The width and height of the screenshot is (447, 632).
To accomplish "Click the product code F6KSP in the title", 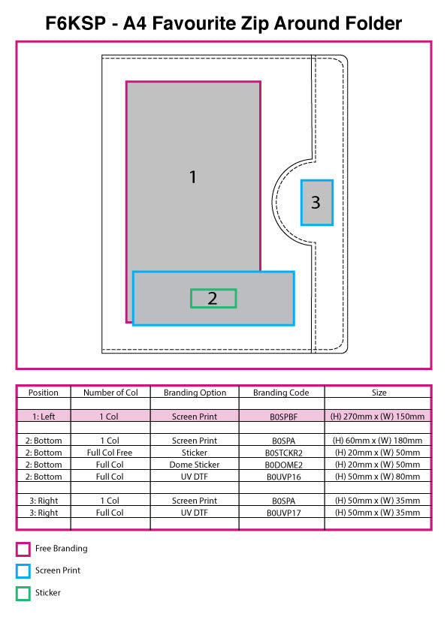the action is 75,23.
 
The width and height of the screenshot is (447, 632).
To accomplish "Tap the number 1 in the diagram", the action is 193,177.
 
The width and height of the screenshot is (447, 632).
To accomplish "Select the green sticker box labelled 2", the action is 213,299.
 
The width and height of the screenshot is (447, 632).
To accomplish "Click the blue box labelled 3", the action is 317,203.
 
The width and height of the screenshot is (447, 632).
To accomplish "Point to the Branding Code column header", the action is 281,393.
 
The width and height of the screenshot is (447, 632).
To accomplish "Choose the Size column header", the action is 379,393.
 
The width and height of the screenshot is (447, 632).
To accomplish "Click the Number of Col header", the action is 110,393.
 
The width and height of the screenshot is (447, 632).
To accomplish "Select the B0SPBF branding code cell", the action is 283,417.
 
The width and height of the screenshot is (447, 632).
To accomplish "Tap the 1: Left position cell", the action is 44,417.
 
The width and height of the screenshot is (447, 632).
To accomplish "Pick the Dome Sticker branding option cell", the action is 195,465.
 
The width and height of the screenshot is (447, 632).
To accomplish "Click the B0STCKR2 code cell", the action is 283,453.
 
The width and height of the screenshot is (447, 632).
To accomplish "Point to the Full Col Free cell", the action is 110,453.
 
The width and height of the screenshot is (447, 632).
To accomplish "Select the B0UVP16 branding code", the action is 283,477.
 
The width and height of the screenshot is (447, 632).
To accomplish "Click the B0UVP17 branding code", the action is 283,513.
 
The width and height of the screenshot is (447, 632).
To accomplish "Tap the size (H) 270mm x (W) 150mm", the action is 377,417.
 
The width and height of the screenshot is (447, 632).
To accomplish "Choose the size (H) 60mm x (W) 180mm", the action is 377,441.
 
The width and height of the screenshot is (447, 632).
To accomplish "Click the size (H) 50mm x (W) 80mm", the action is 377,477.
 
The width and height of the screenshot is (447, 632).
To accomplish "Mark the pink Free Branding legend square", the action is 23,549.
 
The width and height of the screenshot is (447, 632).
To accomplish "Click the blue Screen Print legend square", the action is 23,571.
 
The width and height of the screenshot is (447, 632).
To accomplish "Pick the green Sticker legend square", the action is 23,593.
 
